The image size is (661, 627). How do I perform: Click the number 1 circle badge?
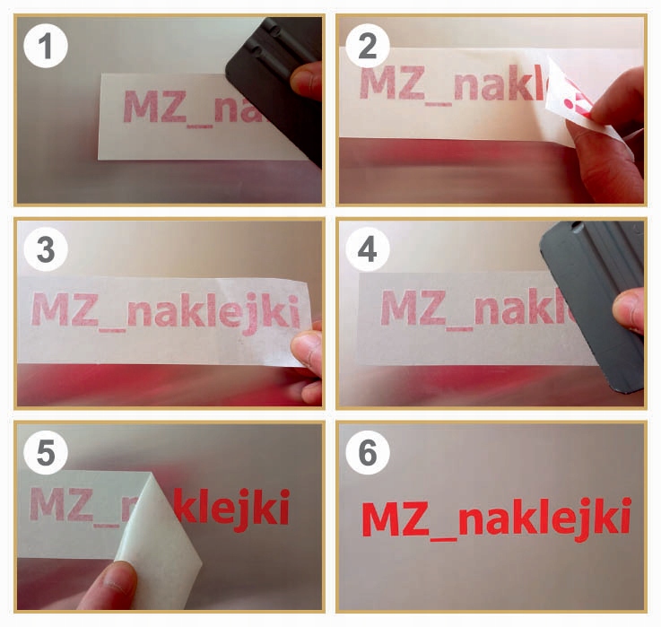coord(46,46)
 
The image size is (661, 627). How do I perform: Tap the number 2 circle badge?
coord(368,46)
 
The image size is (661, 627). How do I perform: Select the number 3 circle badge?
coord(46,248)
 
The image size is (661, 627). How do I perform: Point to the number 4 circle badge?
coord(368,248)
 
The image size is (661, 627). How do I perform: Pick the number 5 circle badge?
coord(46,452)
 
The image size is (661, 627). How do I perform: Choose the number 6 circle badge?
coord(368,452)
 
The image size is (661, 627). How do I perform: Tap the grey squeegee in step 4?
coord(590,303)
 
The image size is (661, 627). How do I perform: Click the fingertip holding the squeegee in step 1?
coord(306,81)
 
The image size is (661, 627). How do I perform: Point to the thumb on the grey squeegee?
coord(629,310)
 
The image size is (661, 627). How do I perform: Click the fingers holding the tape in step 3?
coord(308,362)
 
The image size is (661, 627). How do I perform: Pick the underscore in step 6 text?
coord(443,538)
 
